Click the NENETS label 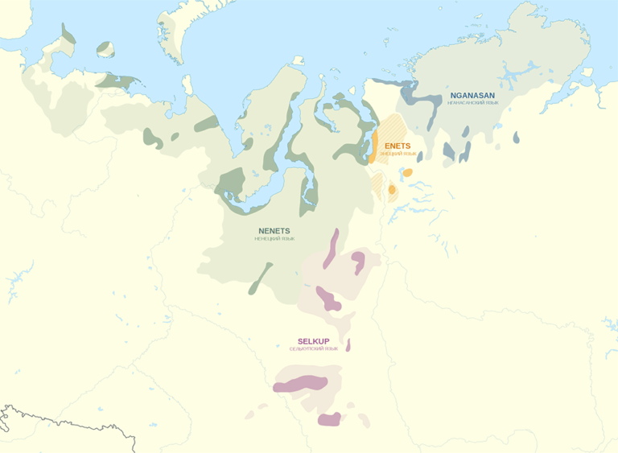[274, 231]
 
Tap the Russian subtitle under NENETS [274, 239]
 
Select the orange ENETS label [398, 146]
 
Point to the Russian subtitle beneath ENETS [398, 153]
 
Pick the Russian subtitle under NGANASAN [472, 103]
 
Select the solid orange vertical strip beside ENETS [374, 146]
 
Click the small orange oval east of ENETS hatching [408, 172]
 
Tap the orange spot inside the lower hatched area [392, 190]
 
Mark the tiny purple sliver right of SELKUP [348, 344]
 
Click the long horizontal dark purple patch [300, 384]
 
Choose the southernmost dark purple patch [329, 419]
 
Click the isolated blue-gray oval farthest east [516, 138]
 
